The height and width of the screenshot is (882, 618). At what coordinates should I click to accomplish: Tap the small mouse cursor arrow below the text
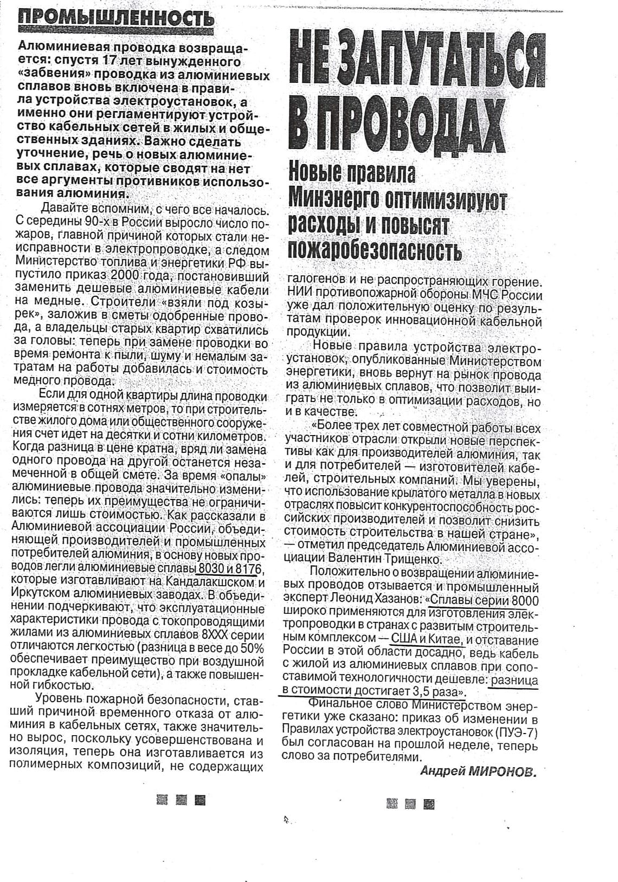285,820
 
